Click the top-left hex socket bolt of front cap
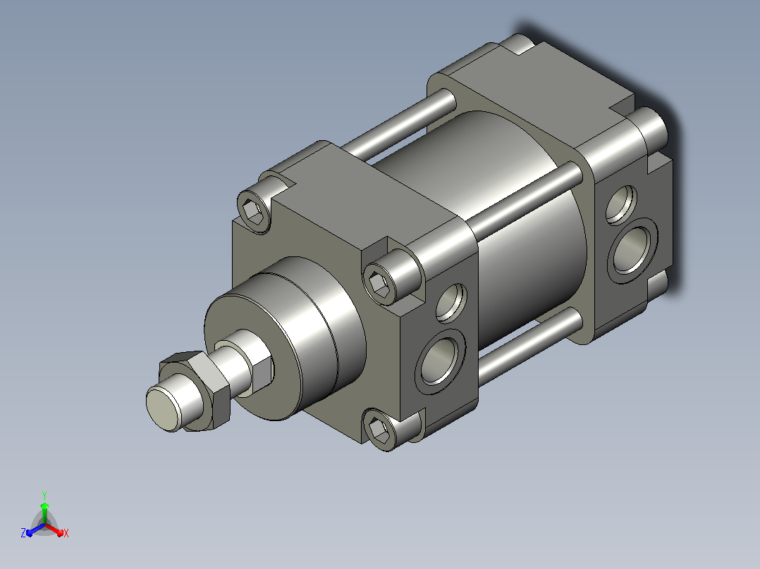[x=254, y=211]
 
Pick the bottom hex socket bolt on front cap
[x=379, y=430]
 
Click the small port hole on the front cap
[x=451, y=303]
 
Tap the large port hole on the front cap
[x=440, y=361]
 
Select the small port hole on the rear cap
[x=621, y=204]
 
